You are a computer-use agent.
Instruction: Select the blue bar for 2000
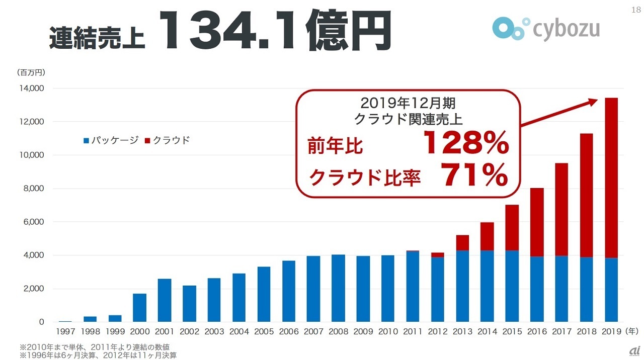click(x=139, y=308)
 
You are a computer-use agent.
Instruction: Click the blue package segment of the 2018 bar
click(x=586, y=290)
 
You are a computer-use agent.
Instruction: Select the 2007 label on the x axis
click(x=313, y=332)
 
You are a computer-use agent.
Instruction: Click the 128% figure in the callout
click(x=465, y=144)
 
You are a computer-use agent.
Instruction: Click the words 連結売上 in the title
click(x=97, y=37)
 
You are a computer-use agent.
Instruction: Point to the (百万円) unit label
click(x=31, y=72)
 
